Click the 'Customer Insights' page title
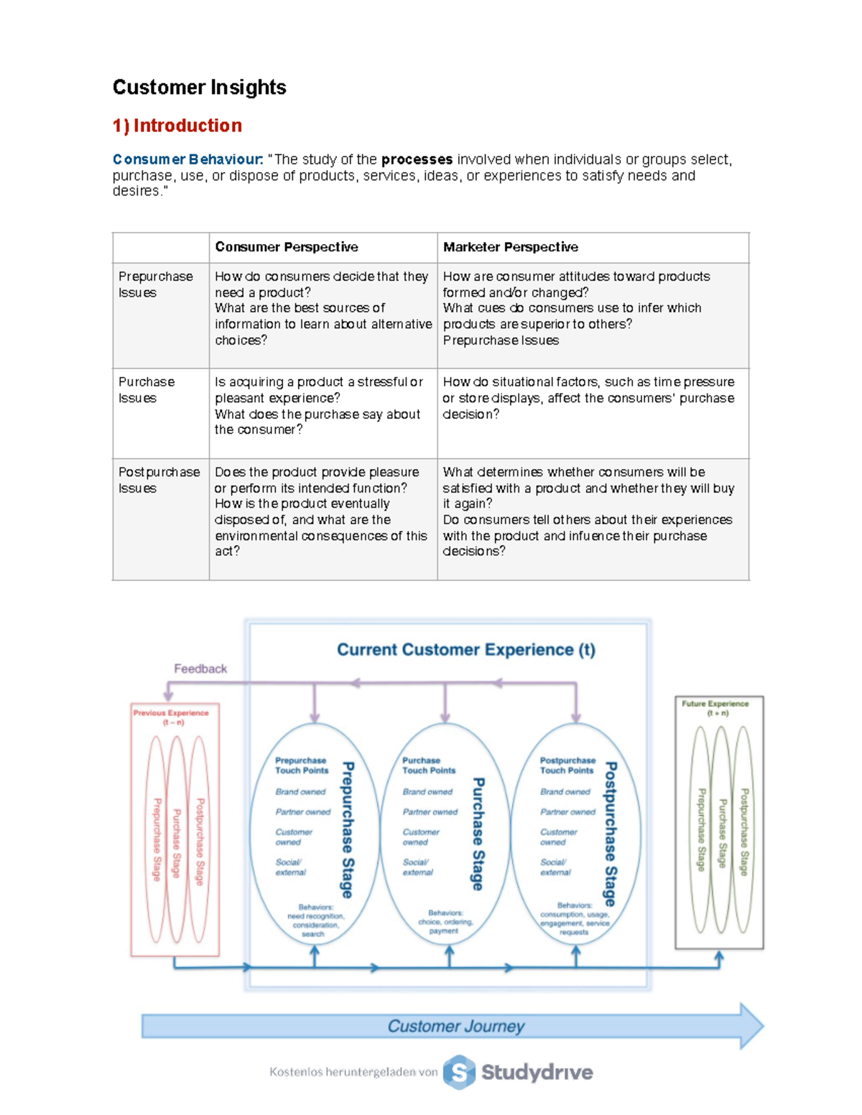[199, 88]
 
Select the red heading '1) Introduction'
[177, 126]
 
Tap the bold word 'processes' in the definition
[417, 159]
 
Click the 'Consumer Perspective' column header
[286, 247]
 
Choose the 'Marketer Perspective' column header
[510, 247]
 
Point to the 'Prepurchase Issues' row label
[155, 284]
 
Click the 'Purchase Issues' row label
[147, 390]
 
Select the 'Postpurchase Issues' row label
[159, 480]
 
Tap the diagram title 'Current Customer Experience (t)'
[466, 650]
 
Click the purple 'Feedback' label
[200, 668]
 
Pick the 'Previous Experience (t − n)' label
[171, 717]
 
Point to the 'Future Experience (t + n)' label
[716, 708]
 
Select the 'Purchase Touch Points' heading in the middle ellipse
[428, 765]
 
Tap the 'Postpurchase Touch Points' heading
[567, 765]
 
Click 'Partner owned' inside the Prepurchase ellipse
[302, 812]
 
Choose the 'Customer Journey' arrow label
[455, 1026]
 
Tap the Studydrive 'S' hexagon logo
[459, 1072]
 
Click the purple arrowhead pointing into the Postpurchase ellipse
[576, 717]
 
